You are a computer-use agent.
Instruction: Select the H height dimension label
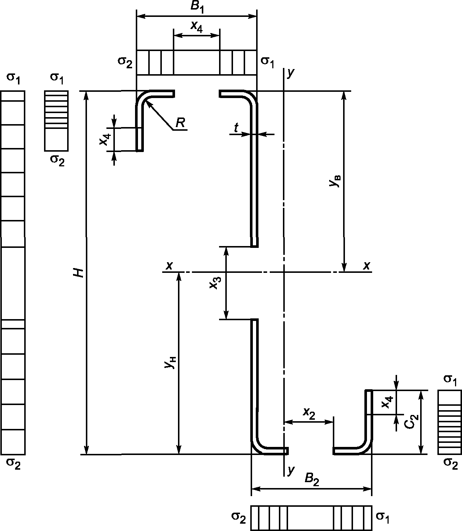tap(79, 273)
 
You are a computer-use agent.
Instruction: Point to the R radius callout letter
tap(180, 123)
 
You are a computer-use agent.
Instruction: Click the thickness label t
tap(236, 128)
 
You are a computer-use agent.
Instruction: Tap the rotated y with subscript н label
tap(170, 362)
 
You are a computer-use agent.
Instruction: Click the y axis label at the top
tap(291, 73)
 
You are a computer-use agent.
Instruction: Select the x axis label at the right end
tap(367, 266)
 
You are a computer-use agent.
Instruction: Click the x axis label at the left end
tap(169, 266)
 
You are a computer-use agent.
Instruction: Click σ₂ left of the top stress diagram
tap(125, 62)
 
